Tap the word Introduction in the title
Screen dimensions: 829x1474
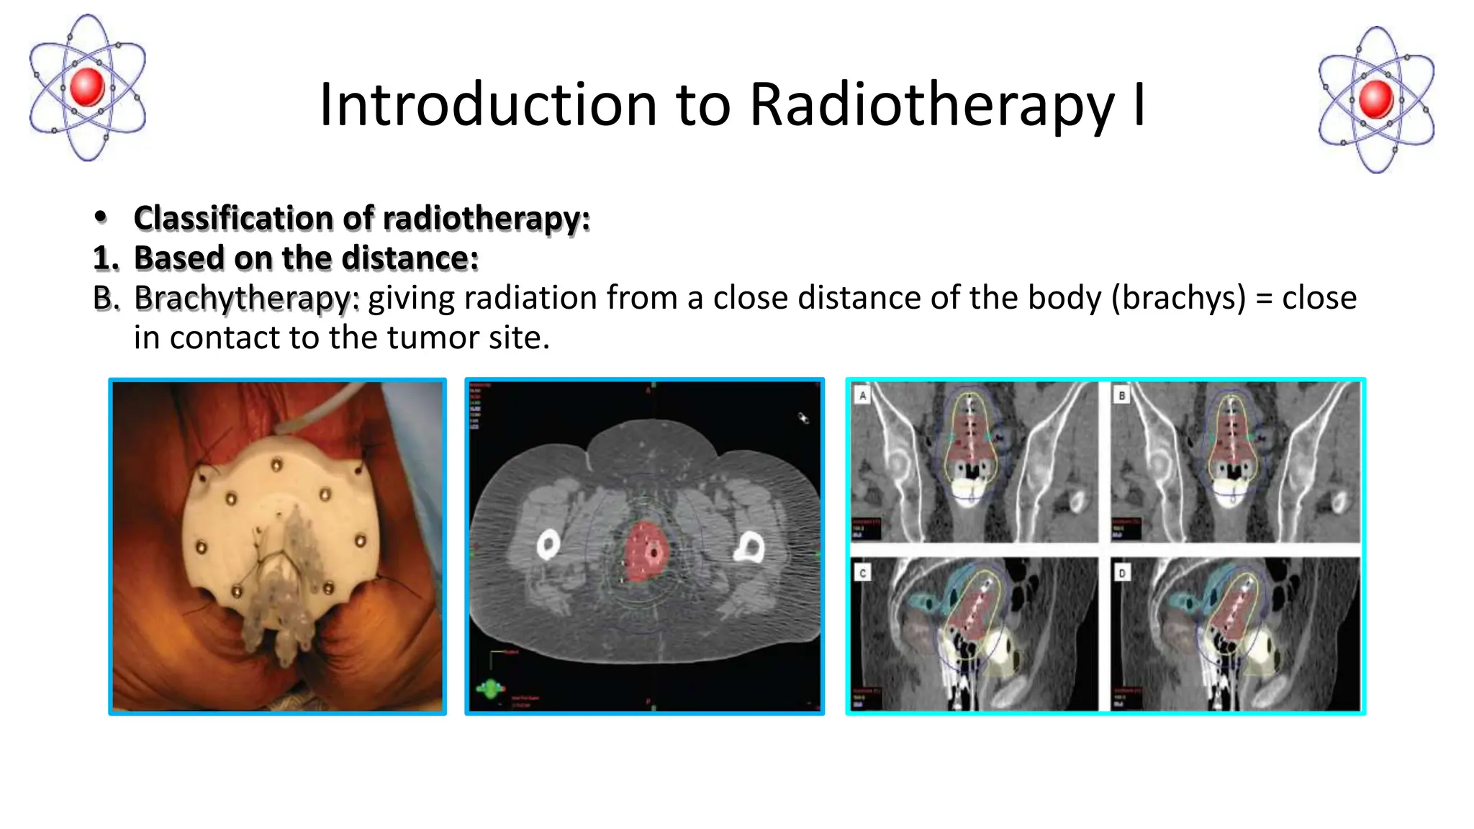(x=488, y=105)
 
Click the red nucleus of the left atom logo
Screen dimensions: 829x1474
(x=88, y=86)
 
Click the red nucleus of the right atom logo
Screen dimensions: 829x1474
(x=1376, y=99)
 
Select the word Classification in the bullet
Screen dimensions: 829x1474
(x=234, y=218)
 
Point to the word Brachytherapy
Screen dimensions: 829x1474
(x=246, y=298)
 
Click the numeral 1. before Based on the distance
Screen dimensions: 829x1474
(x=106, y=258)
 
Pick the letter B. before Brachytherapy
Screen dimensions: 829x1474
(x=106, y=298)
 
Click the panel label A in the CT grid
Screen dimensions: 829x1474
(x=862, y=394)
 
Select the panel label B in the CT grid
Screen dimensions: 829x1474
(x=1121, y=394)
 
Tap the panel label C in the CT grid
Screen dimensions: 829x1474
(x=862, y=572)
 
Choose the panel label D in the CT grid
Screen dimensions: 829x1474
(x=1121, y=572)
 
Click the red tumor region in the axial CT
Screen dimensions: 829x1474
(x=645, y=552)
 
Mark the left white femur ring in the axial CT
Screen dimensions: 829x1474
(x=548, y=545)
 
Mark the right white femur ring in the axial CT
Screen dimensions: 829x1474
(x=749, y=548)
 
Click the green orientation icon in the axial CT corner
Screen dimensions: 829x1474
(x=491, y=689)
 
